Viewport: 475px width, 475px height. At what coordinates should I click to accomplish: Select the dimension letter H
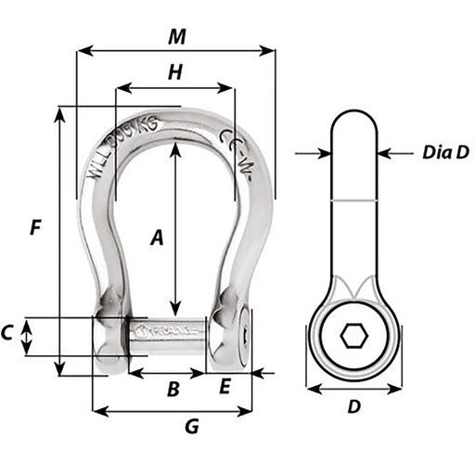coord(173,71)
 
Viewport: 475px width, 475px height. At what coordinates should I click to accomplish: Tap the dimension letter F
coord(34,227)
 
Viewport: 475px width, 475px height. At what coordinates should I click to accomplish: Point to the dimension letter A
coord(157,238)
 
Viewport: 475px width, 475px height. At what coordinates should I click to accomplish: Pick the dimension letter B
coord(172,391)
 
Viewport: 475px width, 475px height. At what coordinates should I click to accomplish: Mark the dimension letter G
coord(192,427)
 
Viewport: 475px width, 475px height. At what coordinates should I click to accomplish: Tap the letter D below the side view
coord(353,407)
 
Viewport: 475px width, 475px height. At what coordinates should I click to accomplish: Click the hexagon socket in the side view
coord(353,337)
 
